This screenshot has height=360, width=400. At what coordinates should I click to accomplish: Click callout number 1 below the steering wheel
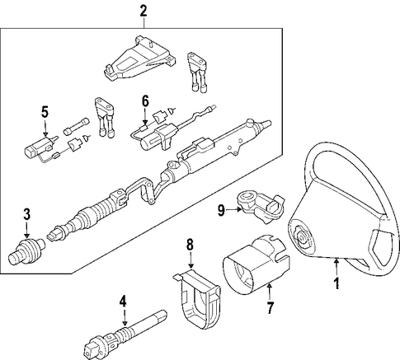(x=336, y=283)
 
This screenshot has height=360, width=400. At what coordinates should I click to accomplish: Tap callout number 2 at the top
(x=144, y=12)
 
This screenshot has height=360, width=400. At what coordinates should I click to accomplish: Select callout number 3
(x=26, y=215)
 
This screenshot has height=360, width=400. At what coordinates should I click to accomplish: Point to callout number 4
(x=123, y=301)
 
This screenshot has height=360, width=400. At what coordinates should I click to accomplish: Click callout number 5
(x=45, y=112)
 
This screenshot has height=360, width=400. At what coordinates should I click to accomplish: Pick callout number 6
(x=145, y=101)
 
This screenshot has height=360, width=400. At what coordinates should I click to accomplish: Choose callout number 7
(x=270, y=308)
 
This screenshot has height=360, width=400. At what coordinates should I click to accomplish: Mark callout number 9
(x=222, y=211)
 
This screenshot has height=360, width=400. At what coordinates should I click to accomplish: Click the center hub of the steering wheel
(x=302, y=236)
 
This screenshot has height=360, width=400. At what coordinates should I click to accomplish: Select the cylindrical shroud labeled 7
(x=255, y=265)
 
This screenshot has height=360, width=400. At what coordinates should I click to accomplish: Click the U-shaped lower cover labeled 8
(x=197, y=299)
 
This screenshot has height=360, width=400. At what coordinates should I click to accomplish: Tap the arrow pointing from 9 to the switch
(x=233, y=210)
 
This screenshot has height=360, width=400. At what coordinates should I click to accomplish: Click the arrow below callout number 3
(x=26, y=230)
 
